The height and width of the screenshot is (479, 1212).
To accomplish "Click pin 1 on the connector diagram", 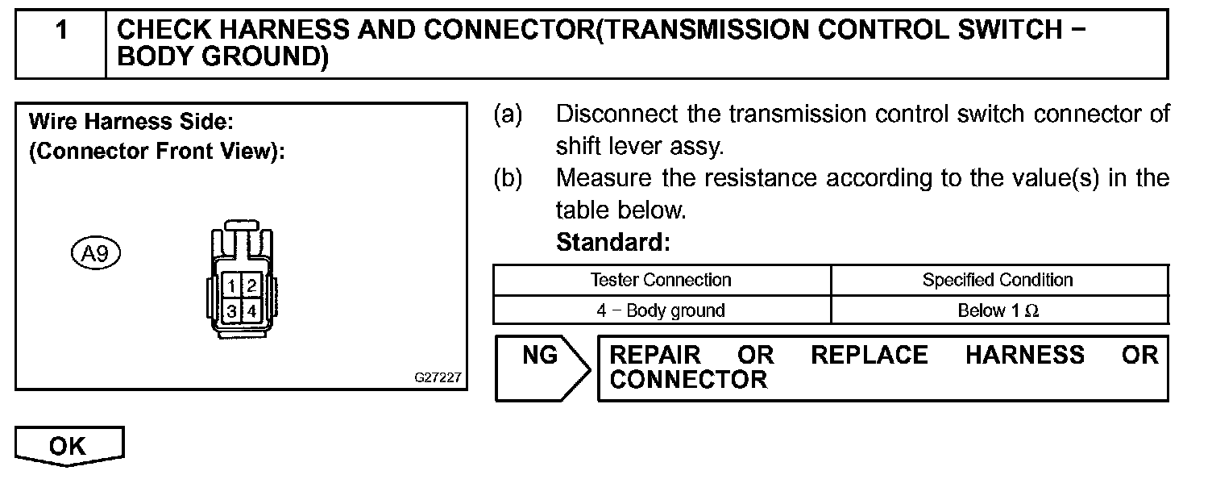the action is pyautogui.click(x=231, y=285).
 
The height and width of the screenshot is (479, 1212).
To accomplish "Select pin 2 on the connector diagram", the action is pyautogui.click(x=251, y=285).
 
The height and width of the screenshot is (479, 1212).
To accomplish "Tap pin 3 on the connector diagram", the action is pyautogui.click(x=231, y=310).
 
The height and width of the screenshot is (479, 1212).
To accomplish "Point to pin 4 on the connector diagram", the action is pyautogui.click(x=251, y=310).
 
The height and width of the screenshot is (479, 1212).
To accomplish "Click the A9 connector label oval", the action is pyautogui.click(x=95, y=254).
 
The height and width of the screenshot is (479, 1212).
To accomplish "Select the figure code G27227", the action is pyautogui.click(x=438, y=377).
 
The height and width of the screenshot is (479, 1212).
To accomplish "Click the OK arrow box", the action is pyautogui.click(x=69, y=446).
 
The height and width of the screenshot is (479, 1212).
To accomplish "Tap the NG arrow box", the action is pyautogui.click(x=541, y=368).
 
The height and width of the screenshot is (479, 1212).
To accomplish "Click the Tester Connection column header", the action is pyautogui.click(x=661, y=281).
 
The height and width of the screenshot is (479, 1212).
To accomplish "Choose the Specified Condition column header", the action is pyautogui.click(x=998, y=281).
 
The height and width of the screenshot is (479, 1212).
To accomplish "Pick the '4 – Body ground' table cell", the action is pyautogui.click(x=661, y=310).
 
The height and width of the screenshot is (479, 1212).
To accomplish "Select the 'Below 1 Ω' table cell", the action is pyautogui.click(x=998, y=310).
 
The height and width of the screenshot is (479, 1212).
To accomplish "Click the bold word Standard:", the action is pyautogui.click(x=612, y=242).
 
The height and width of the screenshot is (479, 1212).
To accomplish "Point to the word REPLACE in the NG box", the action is pyautogui.click(x=870, y=356).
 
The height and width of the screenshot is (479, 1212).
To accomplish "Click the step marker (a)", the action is pyautogui.click(x=508, y=115).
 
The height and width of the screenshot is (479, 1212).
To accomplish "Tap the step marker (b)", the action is pyautogui.click(x=508, y=178).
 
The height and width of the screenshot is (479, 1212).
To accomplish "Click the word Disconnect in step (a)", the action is pyautogui.click(x=616, y=115).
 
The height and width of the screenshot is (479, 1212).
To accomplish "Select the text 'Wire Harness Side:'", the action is pyautogui.click(x=131, y=123).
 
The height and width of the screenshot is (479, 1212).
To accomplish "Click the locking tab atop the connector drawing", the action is pyautogui.click(x=241, y=224).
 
